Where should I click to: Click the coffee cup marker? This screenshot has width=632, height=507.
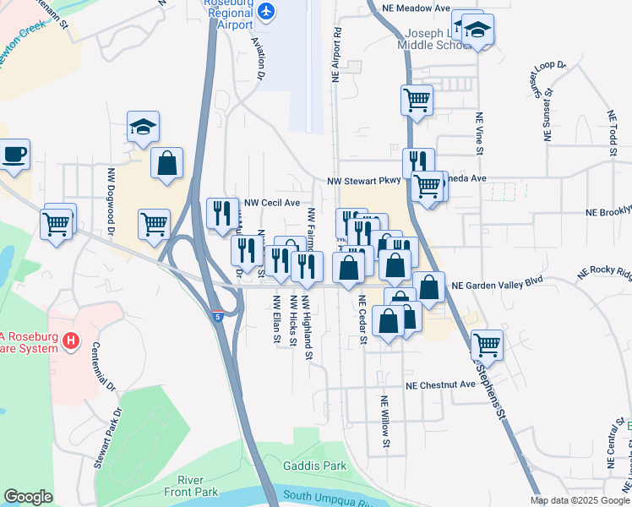(x=14, y=155)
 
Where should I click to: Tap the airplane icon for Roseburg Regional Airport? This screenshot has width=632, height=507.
(x=268, y=11)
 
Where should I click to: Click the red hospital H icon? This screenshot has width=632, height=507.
(x=72, y=341)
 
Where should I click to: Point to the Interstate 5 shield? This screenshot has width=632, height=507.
(x=218, y=317)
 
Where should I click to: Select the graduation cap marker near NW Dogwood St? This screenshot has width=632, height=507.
(x=143, y=128)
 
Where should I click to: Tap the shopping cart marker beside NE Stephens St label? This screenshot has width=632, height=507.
(x=487, y=343)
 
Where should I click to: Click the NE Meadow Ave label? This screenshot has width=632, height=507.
(x=417, y=8)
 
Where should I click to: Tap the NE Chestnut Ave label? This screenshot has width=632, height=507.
(x=440, y=384)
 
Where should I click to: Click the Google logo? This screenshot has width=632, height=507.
(x=28, y=497)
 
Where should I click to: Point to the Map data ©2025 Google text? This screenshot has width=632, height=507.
(x=579, y=500)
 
